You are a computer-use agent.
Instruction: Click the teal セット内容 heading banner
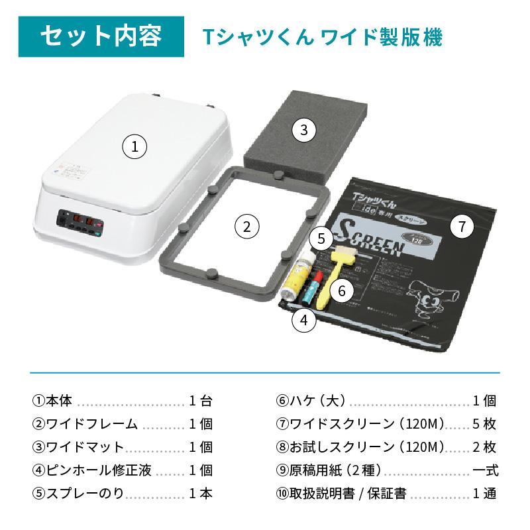101,36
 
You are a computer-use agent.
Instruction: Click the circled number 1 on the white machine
135,146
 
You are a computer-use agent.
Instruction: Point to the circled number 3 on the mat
303,130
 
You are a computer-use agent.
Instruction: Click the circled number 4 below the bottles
303,321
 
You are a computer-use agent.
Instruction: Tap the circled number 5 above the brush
321,237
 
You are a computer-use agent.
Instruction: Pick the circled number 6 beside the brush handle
341,290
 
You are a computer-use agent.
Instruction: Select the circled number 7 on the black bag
462,227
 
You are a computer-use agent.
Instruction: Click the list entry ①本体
56,401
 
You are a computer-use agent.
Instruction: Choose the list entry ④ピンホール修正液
91,470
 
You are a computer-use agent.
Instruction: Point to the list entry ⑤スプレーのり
78,494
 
